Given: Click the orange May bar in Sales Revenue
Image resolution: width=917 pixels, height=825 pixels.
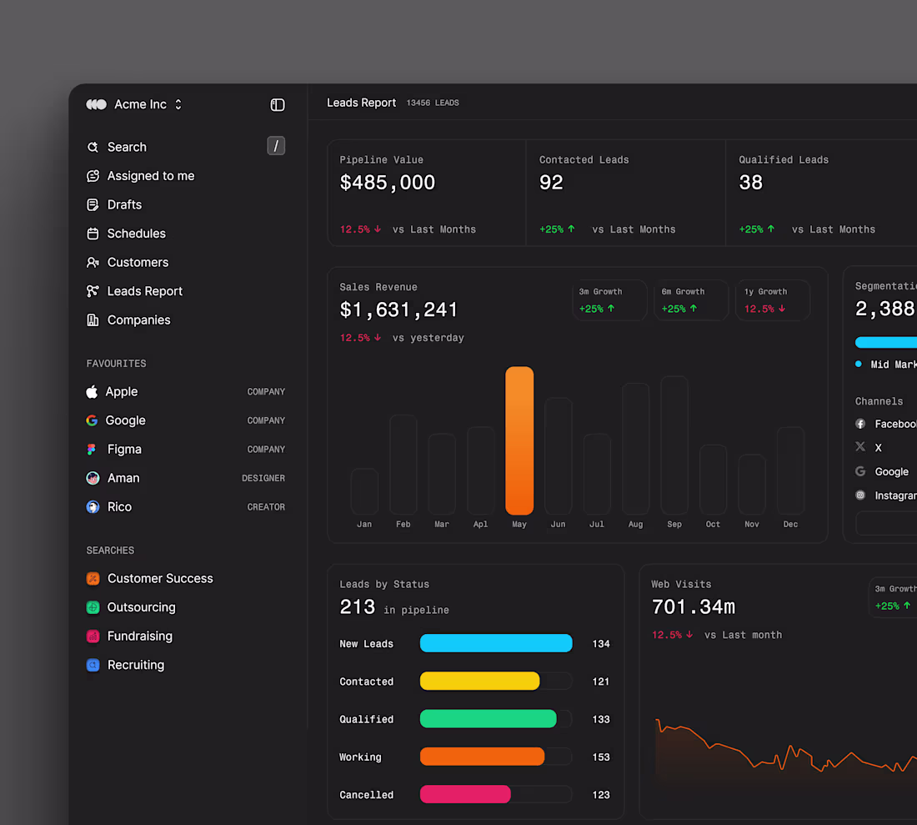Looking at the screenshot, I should tap(519, 440).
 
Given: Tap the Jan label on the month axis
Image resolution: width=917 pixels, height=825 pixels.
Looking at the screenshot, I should tap(364, 525).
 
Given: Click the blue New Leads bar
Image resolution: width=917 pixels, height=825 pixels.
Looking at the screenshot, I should tap(496, 643).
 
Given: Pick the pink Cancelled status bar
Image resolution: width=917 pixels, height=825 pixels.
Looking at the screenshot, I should tap(465, 794).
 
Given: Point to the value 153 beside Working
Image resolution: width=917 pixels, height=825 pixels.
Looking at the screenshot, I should tap(601, 757).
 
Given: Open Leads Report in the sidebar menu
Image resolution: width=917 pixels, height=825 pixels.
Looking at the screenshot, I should tap(144, 291).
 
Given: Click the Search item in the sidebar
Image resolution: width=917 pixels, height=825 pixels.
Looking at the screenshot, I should tap(127, 147).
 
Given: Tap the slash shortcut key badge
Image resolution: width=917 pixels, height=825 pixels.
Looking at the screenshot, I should tap(276, 146).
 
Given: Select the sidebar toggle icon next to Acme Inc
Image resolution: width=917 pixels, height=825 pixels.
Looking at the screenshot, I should tap(278, 104).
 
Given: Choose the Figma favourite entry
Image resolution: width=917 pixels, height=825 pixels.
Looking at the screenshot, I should tap(124, 449).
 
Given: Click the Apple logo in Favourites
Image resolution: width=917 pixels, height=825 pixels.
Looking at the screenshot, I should tap(93, 391).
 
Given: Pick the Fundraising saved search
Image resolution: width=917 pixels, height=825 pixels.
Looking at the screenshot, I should tap(139, 636).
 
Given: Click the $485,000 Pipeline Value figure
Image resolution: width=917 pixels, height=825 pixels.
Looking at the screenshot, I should tap(388, 183).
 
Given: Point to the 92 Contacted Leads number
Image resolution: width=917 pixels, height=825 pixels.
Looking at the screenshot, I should tap(551, 183).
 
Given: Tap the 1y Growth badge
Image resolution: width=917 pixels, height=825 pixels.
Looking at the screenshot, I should tap(773, 300).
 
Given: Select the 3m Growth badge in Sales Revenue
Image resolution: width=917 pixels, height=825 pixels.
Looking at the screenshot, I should tap(609, 300).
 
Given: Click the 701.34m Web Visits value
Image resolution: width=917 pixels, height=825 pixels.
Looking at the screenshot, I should tap(694, 606).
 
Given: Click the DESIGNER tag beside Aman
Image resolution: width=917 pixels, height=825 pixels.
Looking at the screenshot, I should tap(263, 478).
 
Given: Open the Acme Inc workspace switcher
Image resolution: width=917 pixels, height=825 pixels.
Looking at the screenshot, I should tap(139, 104).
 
